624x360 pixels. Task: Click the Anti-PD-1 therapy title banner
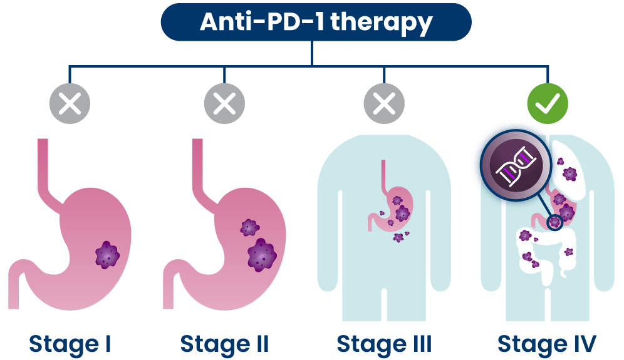tap(316, 22)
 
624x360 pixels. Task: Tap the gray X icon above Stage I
tap(70, 103)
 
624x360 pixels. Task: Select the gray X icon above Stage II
tap(224, 103)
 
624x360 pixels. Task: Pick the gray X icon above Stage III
tap(384, 103)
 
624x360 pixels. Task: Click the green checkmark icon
tap(548, 103)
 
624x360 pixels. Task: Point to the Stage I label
tap(70, 344)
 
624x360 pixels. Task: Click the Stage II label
tap(224, 344)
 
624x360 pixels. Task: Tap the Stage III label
tap(384, 344)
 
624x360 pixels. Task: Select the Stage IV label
tap(547, 344)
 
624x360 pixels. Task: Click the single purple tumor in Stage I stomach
tap(107, 255)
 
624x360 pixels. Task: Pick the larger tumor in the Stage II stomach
tap(261, 255)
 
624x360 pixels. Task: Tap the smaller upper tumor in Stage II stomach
tap(249, 227)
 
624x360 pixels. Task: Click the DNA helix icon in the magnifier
tap(516, 165)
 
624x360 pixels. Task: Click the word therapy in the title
tap(381, 23)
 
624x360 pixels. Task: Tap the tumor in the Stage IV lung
tap(570, 174)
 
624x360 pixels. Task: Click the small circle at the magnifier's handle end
tap(554, 222)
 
